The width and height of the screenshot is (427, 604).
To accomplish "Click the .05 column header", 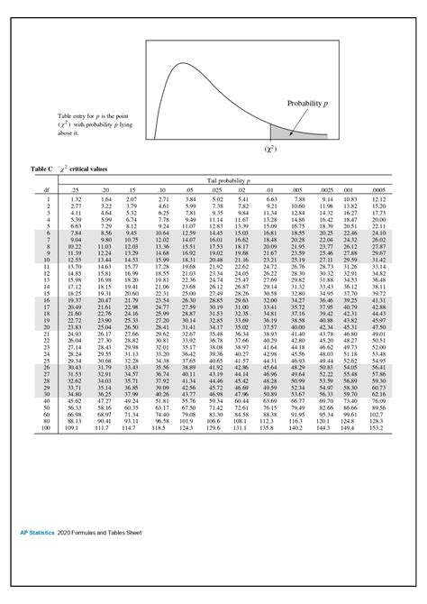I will pos(189,188).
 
